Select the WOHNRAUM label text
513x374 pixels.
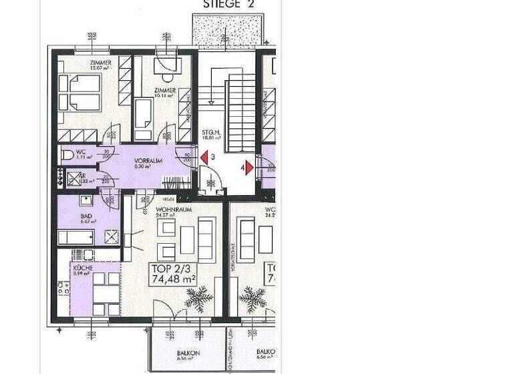pos(174,210)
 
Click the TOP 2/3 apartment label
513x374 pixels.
pos(168,269)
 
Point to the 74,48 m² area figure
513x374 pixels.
pos(174,280)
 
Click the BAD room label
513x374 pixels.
pos(85,216)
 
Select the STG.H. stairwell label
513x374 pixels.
pos(211,133)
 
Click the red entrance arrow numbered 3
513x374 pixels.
pos(204,158)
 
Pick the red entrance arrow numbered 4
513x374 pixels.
pos(248,168)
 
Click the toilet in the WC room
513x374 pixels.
pos(66,155)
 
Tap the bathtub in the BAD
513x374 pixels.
pos(75,237)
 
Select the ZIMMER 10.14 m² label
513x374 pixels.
pos(164,91)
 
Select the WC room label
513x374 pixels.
pos(80,152)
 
